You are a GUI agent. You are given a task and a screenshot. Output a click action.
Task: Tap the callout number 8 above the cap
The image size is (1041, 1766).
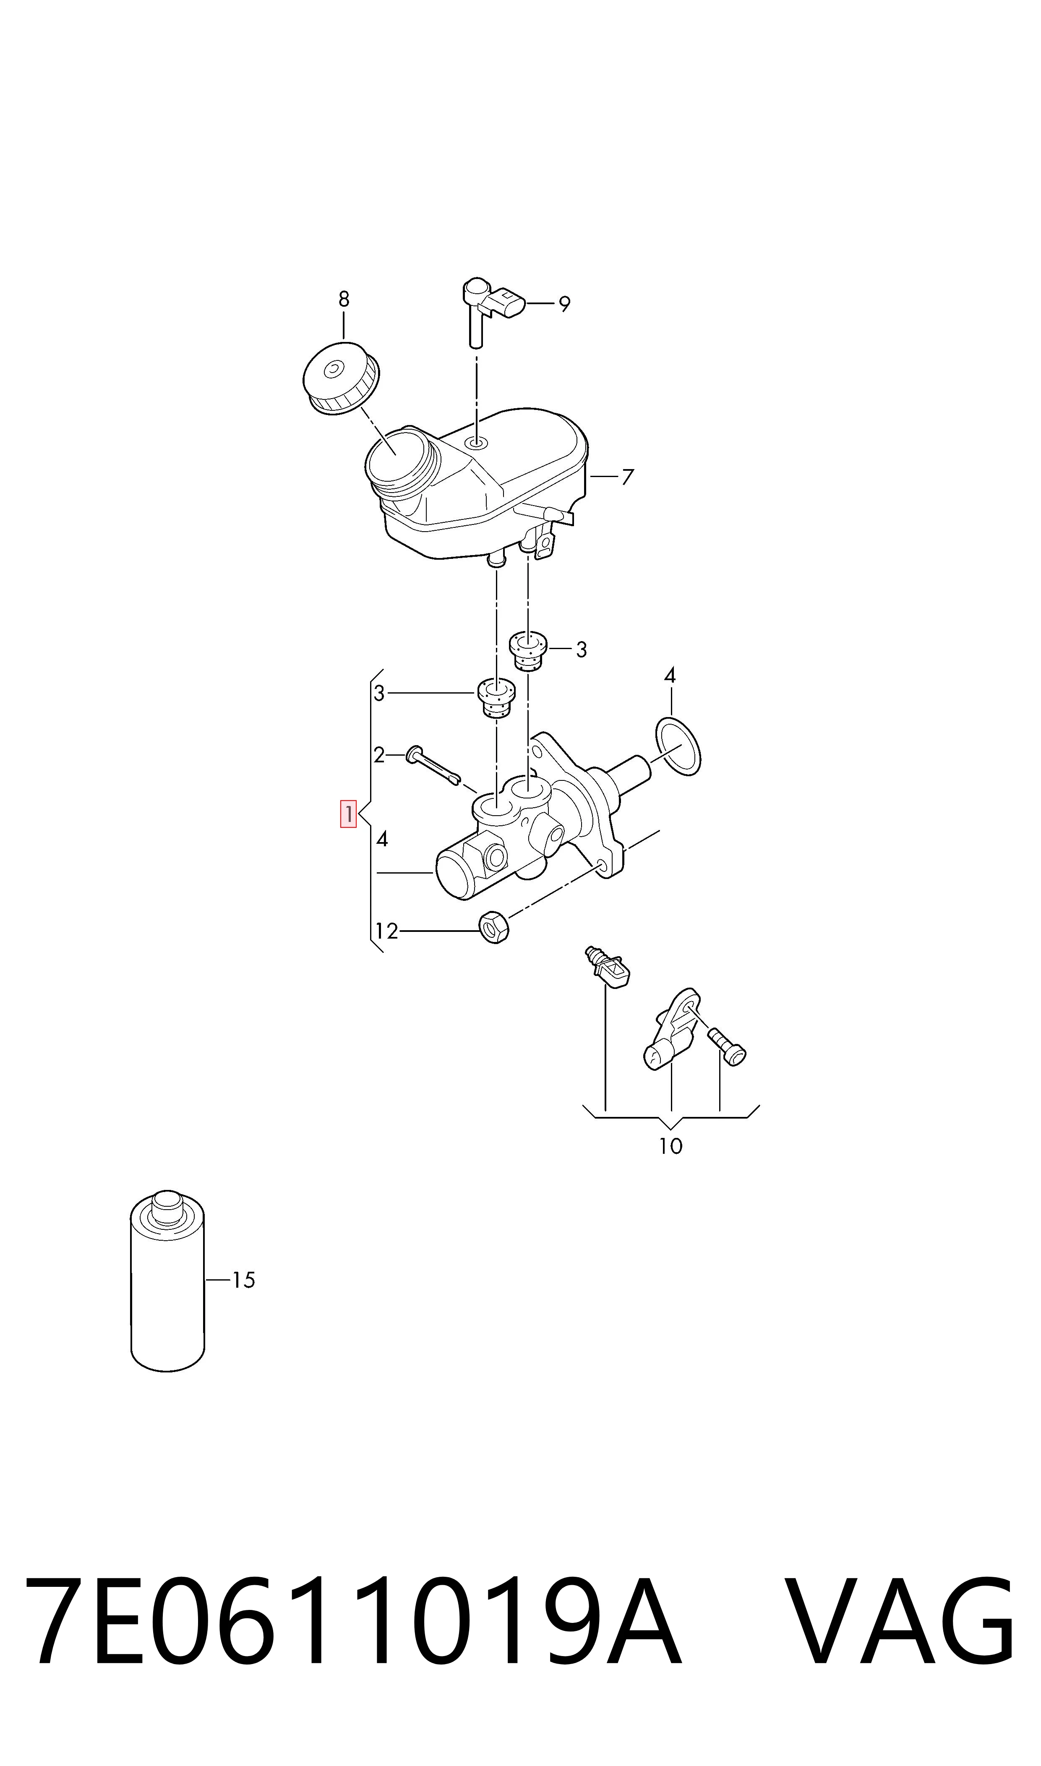pos(344,300)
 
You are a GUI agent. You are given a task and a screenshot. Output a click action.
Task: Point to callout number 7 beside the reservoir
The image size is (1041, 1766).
pos(628,477)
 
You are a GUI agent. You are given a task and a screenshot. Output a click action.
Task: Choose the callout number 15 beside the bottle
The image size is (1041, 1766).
pos(243,1280)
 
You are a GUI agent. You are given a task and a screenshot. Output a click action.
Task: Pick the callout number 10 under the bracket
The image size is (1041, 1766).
pos(671,1146)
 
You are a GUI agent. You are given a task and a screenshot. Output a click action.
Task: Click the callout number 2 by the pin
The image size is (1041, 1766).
pos(379,755)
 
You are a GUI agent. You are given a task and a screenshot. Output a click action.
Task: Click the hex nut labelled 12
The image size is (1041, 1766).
pos(494,927)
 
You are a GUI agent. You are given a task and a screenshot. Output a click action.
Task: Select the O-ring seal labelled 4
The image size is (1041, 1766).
pos(678,747)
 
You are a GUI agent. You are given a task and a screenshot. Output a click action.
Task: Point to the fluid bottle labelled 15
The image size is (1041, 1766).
pos(168,1281)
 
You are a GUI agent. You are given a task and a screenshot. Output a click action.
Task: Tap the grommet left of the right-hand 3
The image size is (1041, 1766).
pos(527,651)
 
